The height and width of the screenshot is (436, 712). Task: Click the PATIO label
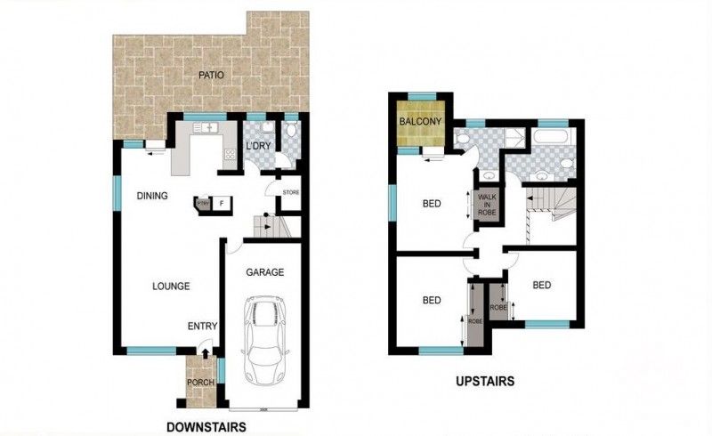pos(209,75)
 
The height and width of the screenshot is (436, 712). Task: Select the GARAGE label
pos(264,272)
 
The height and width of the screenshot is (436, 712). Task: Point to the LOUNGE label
pos(170,286)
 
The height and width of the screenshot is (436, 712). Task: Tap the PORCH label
pos(198,384)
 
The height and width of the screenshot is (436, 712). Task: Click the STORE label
pos(291,192)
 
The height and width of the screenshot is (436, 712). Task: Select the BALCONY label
pos(417,121)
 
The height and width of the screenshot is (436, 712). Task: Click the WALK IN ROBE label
pos(488,205)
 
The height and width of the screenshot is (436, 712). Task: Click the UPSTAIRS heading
pos(487,382)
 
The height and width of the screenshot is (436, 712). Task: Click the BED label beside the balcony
pos(432,204)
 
